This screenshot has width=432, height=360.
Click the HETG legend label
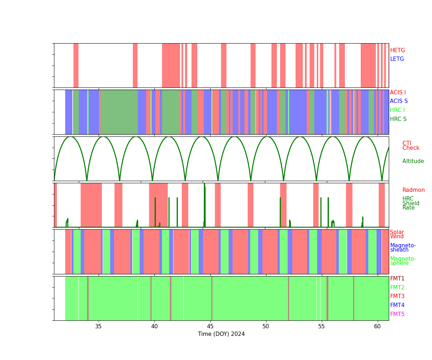(x=397, y=50)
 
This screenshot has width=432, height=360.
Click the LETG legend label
(x=397, y=59)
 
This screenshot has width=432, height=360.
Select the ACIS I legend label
(x=398, y=93)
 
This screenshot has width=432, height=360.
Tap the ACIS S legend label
(x=399, y=101)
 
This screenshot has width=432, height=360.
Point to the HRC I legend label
(x=397, y=110)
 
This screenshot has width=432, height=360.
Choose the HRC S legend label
(x=398, y=119)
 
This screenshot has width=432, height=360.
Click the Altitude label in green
(x=413, y=161)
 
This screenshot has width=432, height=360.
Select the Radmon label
(x=413, y=190)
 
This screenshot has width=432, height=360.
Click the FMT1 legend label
(x=397, y=279)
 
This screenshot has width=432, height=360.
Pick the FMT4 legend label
(x=397, y=305)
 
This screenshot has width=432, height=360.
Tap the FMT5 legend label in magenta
(x=397, y=314)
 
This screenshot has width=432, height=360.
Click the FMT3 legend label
(x=397, y=296)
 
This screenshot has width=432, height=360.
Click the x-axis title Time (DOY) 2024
(x=221, y=334)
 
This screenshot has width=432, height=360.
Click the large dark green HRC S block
(x=119, y=112)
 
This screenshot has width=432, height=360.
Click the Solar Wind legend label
(x=397, y=234)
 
